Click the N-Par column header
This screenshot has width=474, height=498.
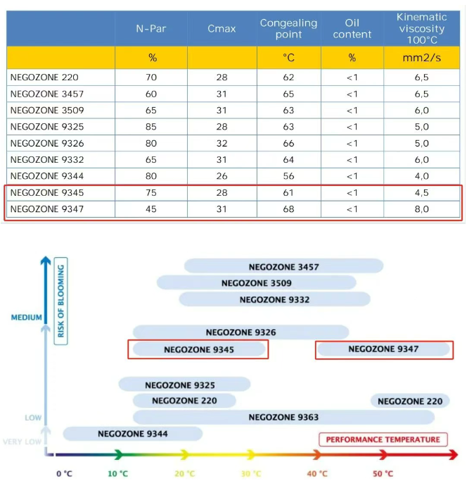coord(151,29)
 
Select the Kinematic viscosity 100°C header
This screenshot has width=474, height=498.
coord(421,29)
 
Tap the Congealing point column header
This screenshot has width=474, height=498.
coord(288,29)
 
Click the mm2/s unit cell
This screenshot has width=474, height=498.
coord(421,58)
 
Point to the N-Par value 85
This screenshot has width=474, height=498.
coord(151,127)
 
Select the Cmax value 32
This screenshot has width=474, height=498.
coord(222,143)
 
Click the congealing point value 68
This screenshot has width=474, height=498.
coord(288,209)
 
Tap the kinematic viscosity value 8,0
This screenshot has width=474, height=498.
coord(421,209)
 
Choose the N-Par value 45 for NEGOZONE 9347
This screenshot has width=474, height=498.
coord(151,209)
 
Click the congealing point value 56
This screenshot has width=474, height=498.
coord(288,176)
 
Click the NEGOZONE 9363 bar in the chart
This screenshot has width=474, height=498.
coord(283,417)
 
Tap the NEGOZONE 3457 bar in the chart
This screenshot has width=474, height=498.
coord(283,266)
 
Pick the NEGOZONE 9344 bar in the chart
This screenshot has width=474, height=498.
coord(132,433)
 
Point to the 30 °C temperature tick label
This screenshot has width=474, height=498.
coord(251,473)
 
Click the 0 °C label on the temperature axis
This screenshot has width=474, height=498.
coord(64,473)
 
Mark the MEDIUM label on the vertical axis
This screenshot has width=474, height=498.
coord(27,318)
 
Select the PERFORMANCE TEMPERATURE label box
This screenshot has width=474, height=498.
coord(383,440)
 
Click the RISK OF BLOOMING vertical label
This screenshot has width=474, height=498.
coord(61,300)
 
